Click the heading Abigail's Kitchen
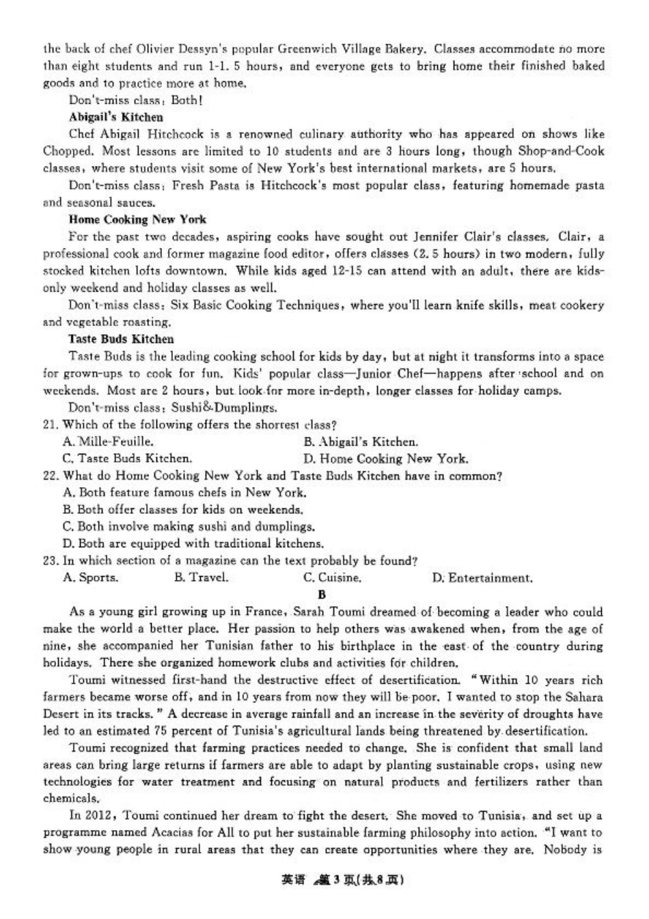click(x=115, y=118)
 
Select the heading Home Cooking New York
click(x=137, y=219)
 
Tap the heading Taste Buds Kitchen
click(x=121, y=339)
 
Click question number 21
click(x=50, y=425)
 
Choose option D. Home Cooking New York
click(x=385, y=459)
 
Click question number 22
click(x=50, y=476)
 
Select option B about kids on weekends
click(x=182, y=510)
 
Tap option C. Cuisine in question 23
click(x=332, y=578)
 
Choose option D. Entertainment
click(x=482, y=578)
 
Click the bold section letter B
click(x=322, y=594)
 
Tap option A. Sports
click(x=90, y=578)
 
